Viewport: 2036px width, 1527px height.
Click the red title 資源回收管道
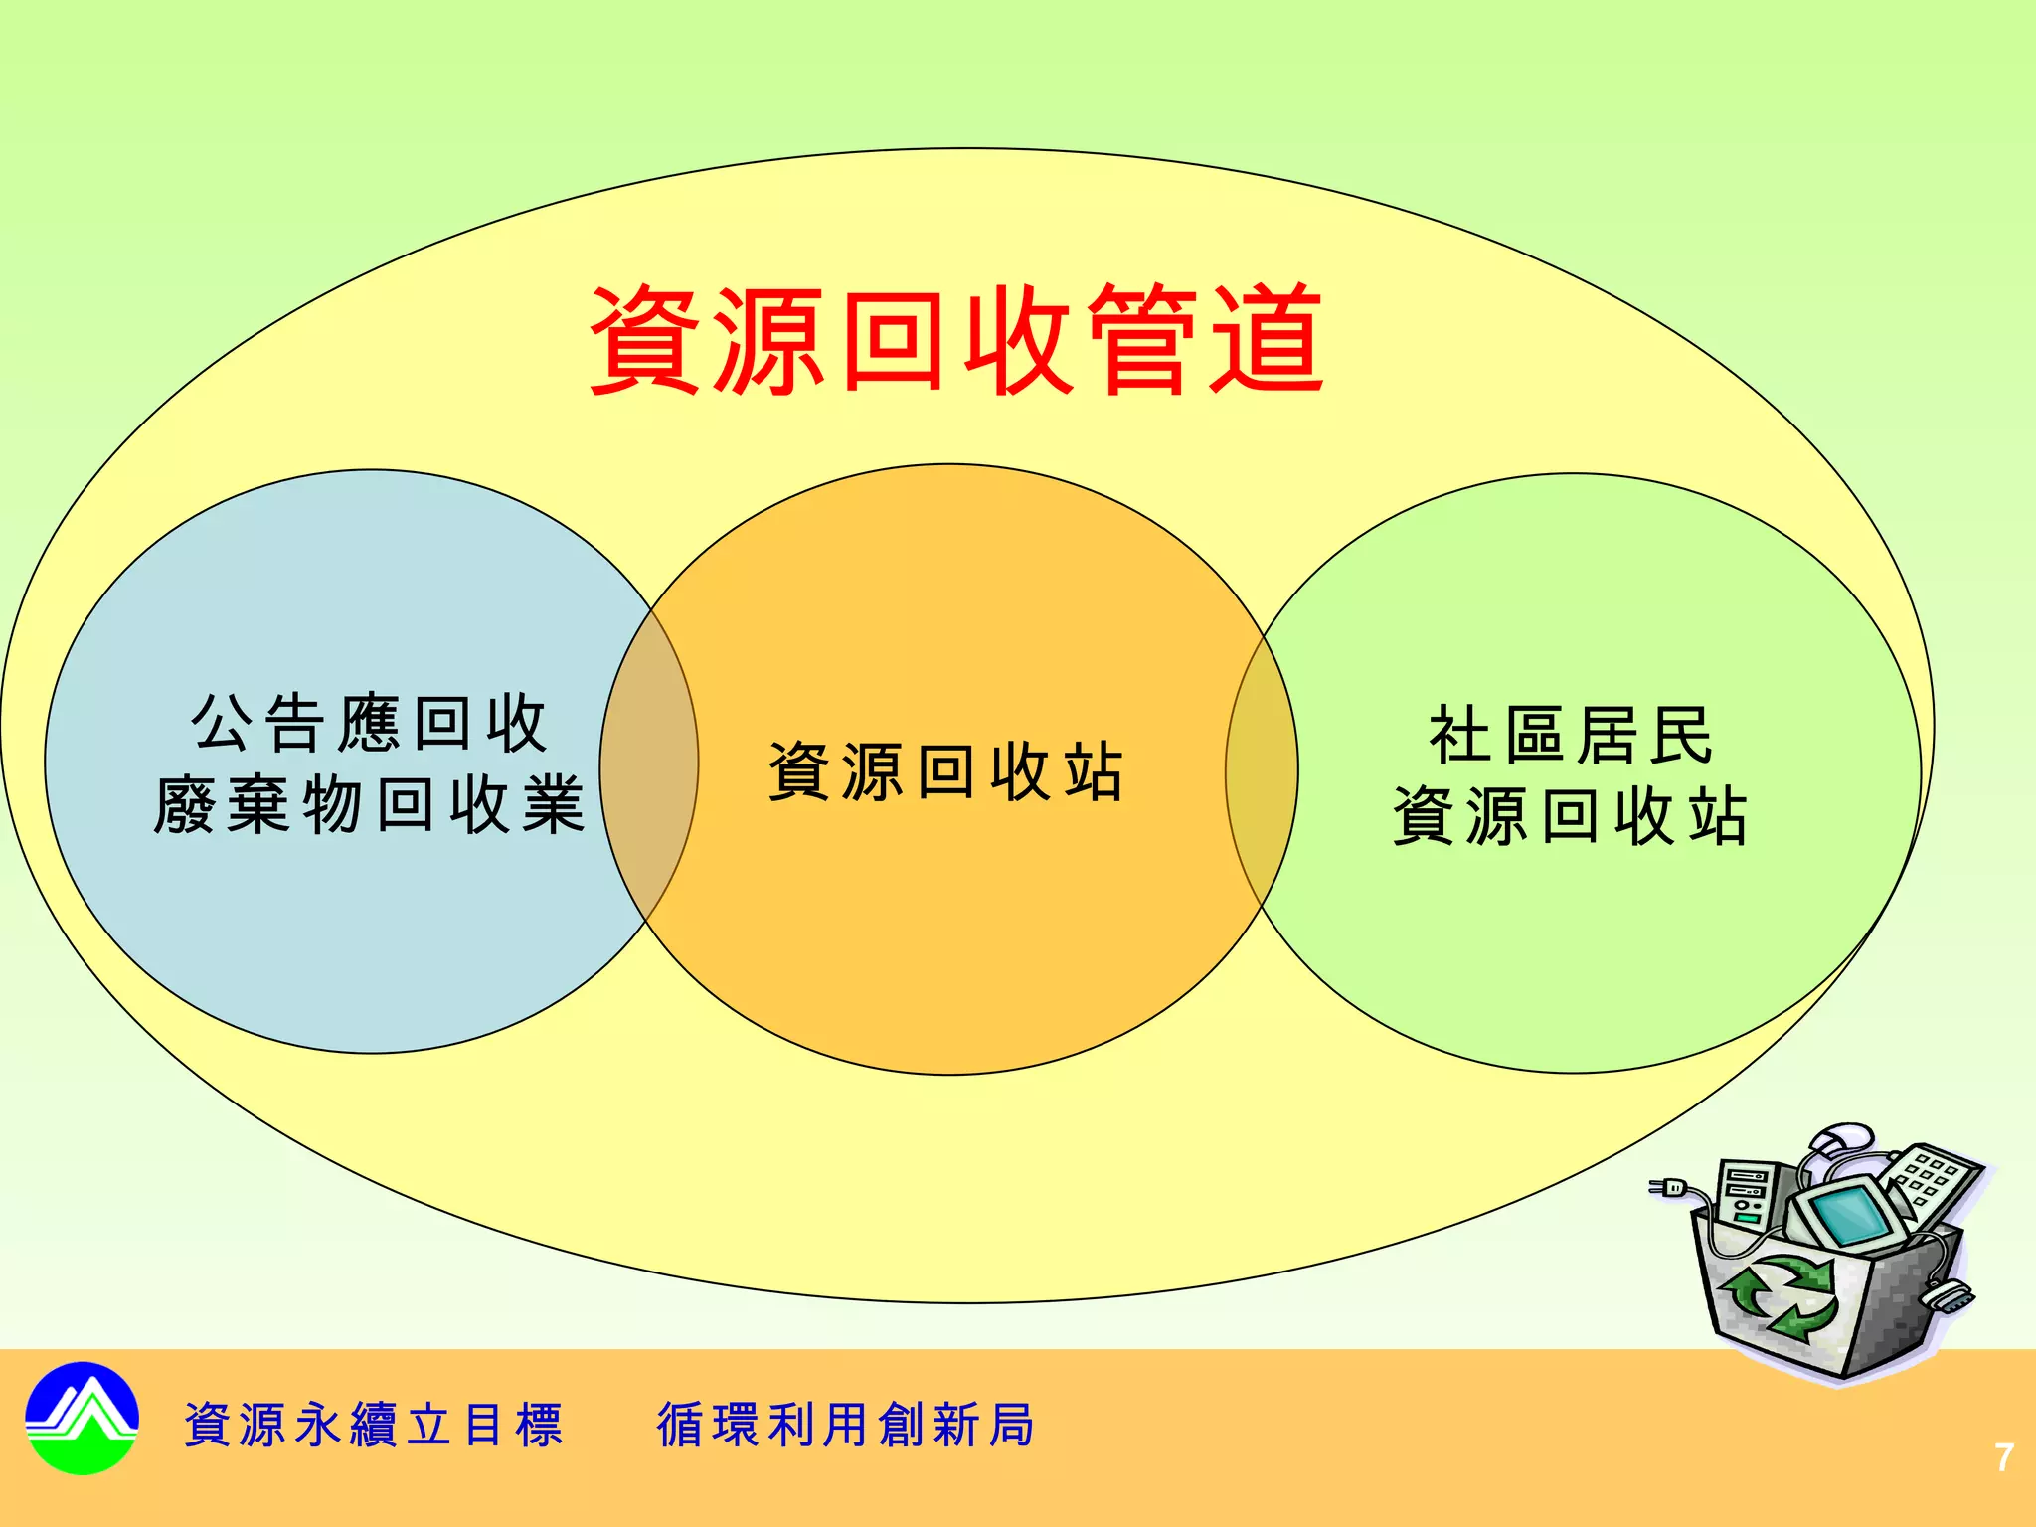955,339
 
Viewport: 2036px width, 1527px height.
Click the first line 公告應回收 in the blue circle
369,724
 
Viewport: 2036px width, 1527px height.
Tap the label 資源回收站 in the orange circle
945,771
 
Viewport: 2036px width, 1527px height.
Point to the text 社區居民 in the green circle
1571,736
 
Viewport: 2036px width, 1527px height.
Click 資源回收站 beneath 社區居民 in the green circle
1570,816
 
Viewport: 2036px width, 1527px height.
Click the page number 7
2004,1457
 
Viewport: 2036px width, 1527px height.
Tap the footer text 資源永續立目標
374,1425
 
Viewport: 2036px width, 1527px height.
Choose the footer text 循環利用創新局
846,1425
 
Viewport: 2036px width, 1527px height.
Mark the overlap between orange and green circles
1262,770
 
